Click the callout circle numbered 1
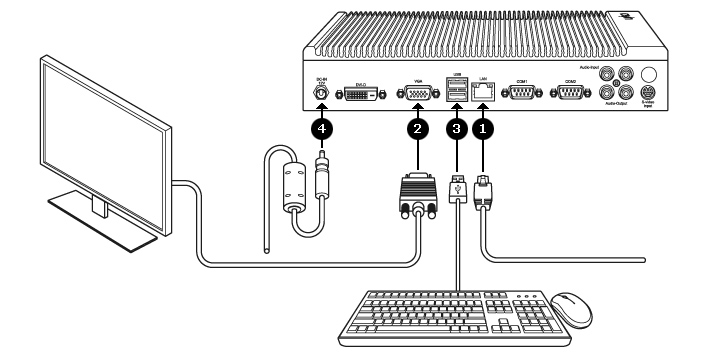coord(486,128)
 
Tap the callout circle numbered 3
coord(456,128)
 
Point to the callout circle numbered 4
coord(321,128)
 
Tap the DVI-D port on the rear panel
coord(363,94)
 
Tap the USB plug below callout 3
coord(456,190)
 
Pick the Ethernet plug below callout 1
coord(486,190)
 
